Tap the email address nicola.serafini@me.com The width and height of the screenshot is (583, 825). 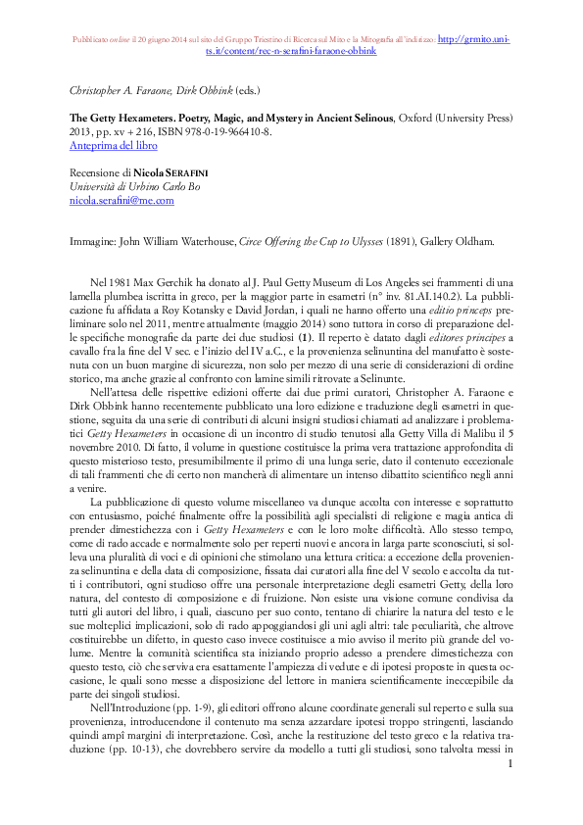121,200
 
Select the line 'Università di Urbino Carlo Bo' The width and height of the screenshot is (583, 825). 134,186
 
